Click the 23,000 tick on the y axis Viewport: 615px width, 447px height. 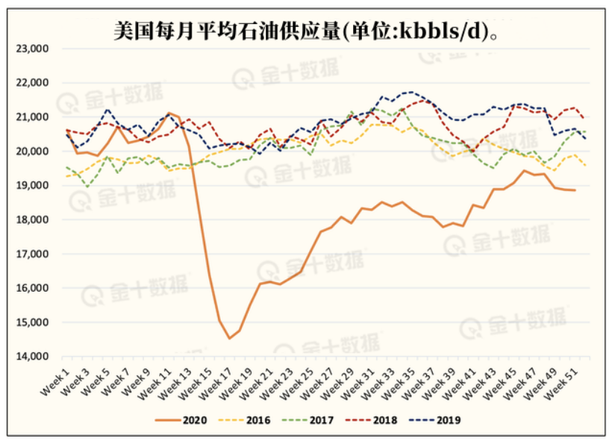tap(32, 49)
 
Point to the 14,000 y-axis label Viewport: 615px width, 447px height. tap(32, 357)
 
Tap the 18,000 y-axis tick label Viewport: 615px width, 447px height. tap(32, 220)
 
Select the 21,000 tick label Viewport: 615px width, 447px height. tap(32, 117)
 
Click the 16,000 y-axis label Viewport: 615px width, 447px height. tap(32, 288)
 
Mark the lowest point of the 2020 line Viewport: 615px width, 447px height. tap(230, 339)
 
